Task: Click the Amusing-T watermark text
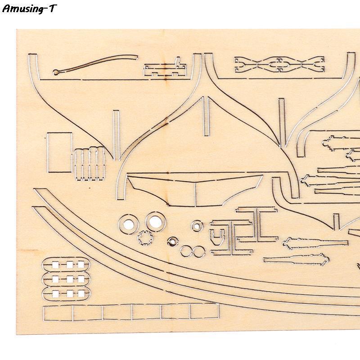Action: click(x=29, y=9)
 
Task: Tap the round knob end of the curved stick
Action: click(x=55, y=72)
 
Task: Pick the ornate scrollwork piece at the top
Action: click(x=279, y=64)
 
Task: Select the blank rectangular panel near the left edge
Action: click(x=59, y=152)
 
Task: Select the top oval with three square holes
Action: click(x=64, y=265)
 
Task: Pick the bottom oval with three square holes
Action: click(x=64, y=294)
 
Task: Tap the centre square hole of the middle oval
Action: click(x=68, y=279)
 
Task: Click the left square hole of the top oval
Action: click(x=54, y=265)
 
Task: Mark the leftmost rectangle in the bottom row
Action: click(x=58, y=313)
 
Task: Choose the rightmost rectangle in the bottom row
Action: click(x=204, y=311)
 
